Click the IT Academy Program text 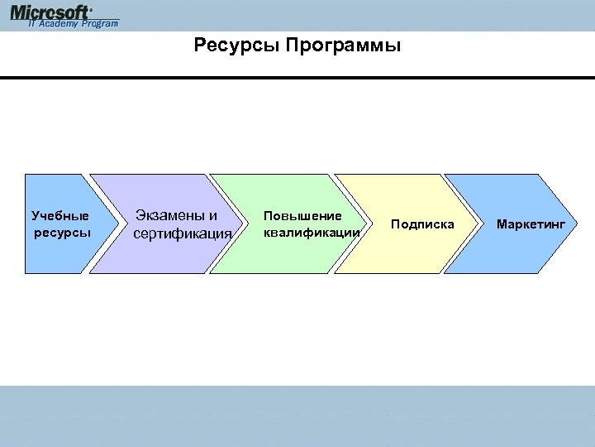tap(73, 24)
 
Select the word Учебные tap(60, 216)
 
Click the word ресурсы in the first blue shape tap(63, 232)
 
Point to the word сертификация tap(182, 233)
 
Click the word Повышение tap(302, 215)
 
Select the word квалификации tap(312, 232)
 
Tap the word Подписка tap(422, 224)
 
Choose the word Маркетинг tap(531, 224)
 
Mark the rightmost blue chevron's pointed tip tap(574, 223)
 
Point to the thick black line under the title tap(297, 78)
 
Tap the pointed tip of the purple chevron tap(243, 223)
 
